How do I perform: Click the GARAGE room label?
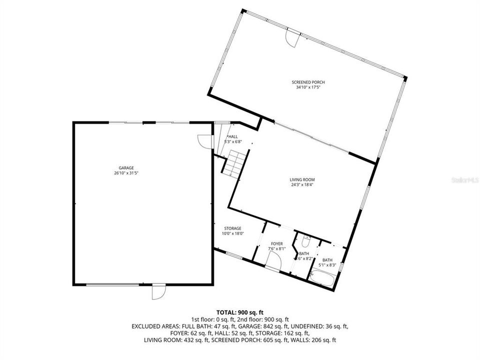coord(126,168)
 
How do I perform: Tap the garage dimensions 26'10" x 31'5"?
coord(126,173)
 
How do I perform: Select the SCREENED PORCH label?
coord(304,82)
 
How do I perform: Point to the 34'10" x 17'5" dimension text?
coord(304,87)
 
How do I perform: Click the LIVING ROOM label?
coord(302,179)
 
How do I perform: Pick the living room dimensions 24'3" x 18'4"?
coord(302,184)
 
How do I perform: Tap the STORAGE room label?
coord(232,228)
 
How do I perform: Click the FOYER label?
coord(276,244)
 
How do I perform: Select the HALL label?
coord(233,136)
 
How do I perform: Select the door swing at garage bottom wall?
coord(158,291)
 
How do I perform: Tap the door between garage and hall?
coord(203,142)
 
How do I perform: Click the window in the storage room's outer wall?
coord(233,256)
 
